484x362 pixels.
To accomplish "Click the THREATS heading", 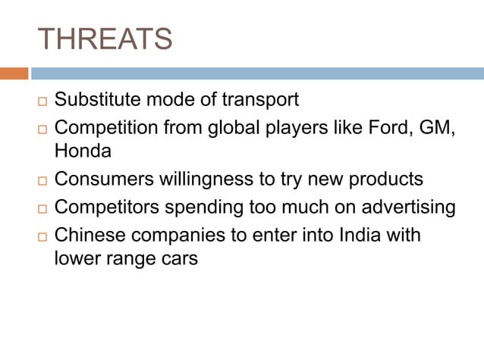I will (x=105, y=39).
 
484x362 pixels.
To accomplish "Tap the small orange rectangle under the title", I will (x=14, y=73).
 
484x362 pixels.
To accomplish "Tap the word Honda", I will (x=83, y=151).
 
